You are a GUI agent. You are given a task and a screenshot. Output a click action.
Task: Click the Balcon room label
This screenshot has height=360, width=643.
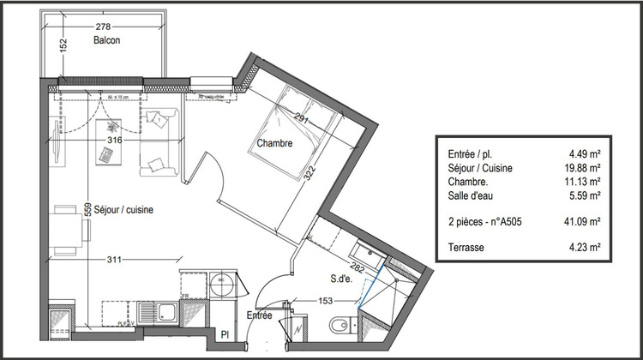click(106, 40)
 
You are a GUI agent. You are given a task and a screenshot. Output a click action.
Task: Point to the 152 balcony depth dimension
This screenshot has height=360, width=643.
click(63, 46)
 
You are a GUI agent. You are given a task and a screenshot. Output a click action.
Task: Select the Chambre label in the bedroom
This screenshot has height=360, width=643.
click(275, 144)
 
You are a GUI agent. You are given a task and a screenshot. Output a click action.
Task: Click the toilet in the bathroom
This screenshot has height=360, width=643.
click(340, 325)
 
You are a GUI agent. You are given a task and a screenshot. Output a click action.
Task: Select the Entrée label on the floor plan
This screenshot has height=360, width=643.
click(260, 315)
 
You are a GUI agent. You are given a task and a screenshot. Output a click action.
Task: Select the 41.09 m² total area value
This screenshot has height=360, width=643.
click(583, 221)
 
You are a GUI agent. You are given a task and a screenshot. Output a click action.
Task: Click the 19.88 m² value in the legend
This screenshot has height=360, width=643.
click(583, 169)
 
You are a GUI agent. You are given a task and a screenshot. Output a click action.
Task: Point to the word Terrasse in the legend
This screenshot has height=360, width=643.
click(466, 248)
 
